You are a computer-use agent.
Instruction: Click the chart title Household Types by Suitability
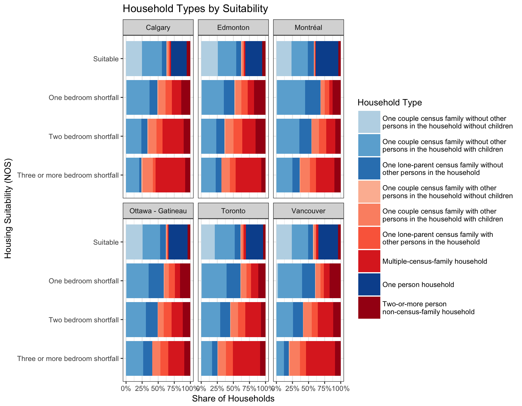click(x=195, y=9)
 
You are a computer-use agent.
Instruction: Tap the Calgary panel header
click(x=158, y=27)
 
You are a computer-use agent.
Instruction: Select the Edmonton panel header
click(x=233, y=27)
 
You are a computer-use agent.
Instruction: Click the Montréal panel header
click(x=308, y=27)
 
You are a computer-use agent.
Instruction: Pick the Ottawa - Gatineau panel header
click(x=158, y=211)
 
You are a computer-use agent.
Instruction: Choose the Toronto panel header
click(x=233, y=211)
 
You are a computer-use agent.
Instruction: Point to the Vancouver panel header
click(x=308, y=211)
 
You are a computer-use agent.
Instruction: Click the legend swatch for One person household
click(x=369, y=284)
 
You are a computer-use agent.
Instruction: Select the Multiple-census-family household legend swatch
click(x=369, y=261)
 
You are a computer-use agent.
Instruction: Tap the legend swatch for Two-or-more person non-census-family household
click(x=369, y=308)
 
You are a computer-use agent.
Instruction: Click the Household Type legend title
click(x=390, y=103)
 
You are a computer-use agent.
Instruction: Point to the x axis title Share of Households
click(x=233, y=399)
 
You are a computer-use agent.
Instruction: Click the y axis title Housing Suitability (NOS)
click(x=8, y=208)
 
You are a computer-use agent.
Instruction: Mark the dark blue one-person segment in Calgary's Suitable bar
click(x=179, y=59)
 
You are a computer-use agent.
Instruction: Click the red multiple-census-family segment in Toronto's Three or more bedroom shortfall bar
click(x=246, y=358)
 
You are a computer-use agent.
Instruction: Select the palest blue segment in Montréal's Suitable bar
click(x=284, y=59)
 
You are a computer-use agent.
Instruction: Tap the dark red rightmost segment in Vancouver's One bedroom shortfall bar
click(x=335, y=281)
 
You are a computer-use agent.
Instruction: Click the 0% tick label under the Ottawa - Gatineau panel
click(x=126, y=388)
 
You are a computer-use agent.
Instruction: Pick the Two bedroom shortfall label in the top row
click(x=84, y=137)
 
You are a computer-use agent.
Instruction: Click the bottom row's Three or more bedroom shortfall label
click(x=68, y=359)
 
